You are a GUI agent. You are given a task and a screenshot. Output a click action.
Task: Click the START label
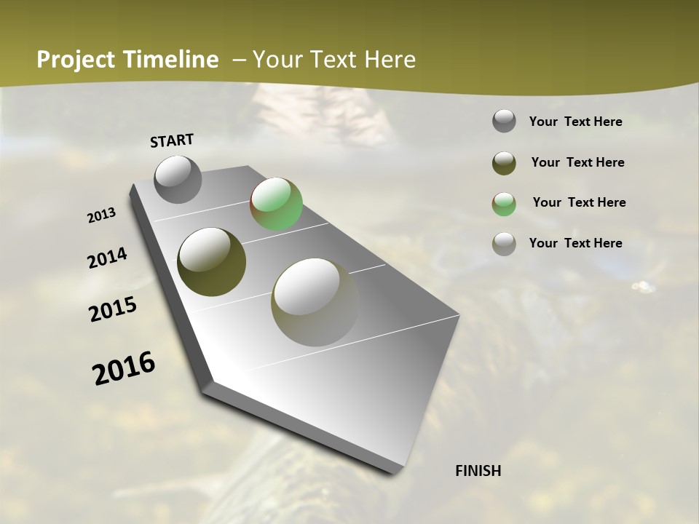pos(172,140)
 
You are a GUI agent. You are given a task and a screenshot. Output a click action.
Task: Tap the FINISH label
pos(478,471)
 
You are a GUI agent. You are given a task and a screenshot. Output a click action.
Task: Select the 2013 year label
pos(101,215)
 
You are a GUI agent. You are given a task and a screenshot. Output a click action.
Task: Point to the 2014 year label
pos(107,258)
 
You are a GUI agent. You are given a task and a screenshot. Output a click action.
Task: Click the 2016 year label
pos(124,368)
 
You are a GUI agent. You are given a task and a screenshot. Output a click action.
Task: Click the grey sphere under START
pos(178,179)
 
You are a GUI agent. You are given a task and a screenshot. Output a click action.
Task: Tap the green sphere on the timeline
pos(276,204)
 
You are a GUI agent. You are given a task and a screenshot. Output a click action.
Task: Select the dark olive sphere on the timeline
pos(211,262)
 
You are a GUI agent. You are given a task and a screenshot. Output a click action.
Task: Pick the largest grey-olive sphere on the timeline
pos(315,302)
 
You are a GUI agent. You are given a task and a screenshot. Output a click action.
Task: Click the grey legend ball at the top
pos(504,121)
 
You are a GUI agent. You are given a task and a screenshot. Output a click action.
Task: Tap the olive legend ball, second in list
pos(504,163)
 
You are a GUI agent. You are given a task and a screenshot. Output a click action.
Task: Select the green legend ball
pos(504,204)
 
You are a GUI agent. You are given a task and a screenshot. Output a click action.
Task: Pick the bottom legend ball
pos(504,244)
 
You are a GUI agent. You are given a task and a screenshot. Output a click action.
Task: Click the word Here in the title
pos(390,60)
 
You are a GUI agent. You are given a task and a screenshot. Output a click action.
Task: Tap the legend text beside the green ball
pos(579,202)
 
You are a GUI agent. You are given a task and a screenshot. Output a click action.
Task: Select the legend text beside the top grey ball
pos(575,122)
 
